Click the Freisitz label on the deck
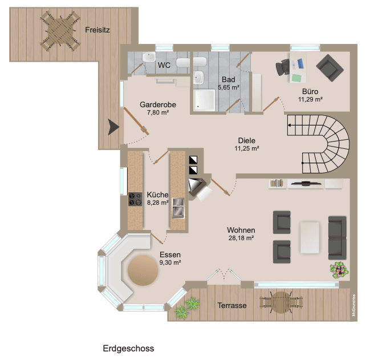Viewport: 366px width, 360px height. [x=97, y=30]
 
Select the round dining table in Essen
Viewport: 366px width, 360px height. [x=143, y=270]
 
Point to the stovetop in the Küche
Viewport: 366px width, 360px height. [x=135, y=199]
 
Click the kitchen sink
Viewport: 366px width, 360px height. [x=178, y=208]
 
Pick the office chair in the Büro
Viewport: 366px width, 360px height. [x=283, y=67]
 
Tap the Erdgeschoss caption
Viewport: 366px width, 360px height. [x=128, y=348]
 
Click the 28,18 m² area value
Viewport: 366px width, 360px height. [x=239, y=238]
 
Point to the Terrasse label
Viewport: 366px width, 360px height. [x=232, y=306]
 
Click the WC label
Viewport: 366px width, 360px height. [x=164, y=65]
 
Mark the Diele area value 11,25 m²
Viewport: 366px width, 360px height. [x=247, y=148]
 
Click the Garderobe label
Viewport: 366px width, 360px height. [x=157, y=104]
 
